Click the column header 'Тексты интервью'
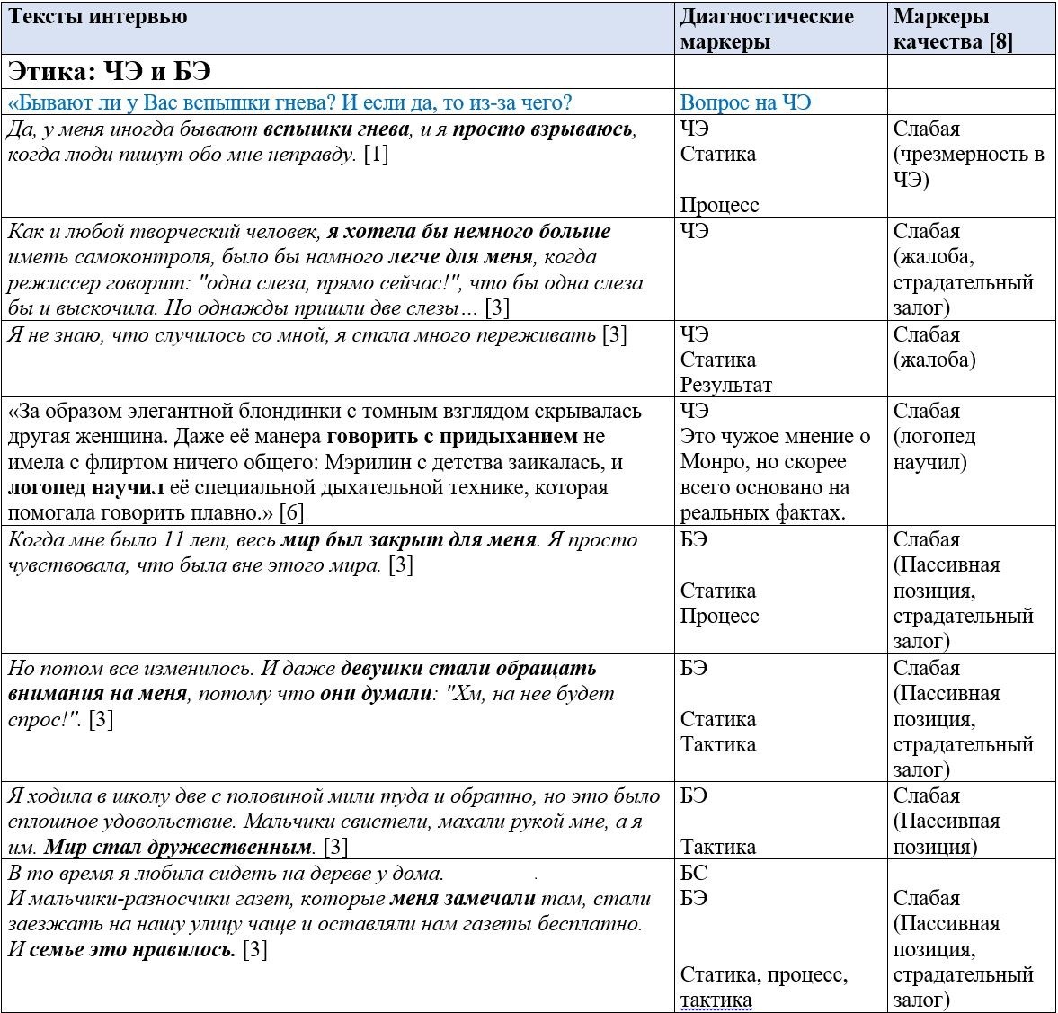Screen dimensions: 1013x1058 click(98, 17)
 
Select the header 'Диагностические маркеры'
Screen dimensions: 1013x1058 click(766, 29)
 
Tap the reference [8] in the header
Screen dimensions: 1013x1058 click(1000, 42)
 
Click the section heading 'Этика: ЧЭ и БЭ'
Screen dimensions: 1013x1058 click(109, 71)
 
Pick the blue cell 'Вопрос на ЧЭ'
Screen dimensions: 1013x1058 click(745, 102)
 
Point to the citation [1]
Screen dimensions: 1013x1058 click(376, 154)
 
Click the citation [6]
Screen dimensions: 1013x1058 click(291, 513)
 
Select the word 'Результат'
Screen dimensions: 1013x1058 click(725, 385)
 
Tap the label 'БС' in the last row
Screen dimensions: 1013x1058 click(693, 873)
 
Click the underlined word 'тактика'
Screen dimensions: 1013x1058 click(716, 1000)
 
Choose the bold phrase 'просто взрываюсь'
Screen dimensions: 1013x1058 click(544, 129)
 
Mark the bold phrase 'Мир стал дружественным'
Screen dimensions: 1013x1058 click(178, 847)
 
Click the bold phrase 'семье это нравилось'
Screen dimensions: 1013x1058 click(132, 949)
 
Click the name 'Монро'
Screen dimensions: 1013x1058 click(715, 462)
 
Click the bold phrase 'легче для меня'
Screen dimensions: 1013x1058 click(460, 257)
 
